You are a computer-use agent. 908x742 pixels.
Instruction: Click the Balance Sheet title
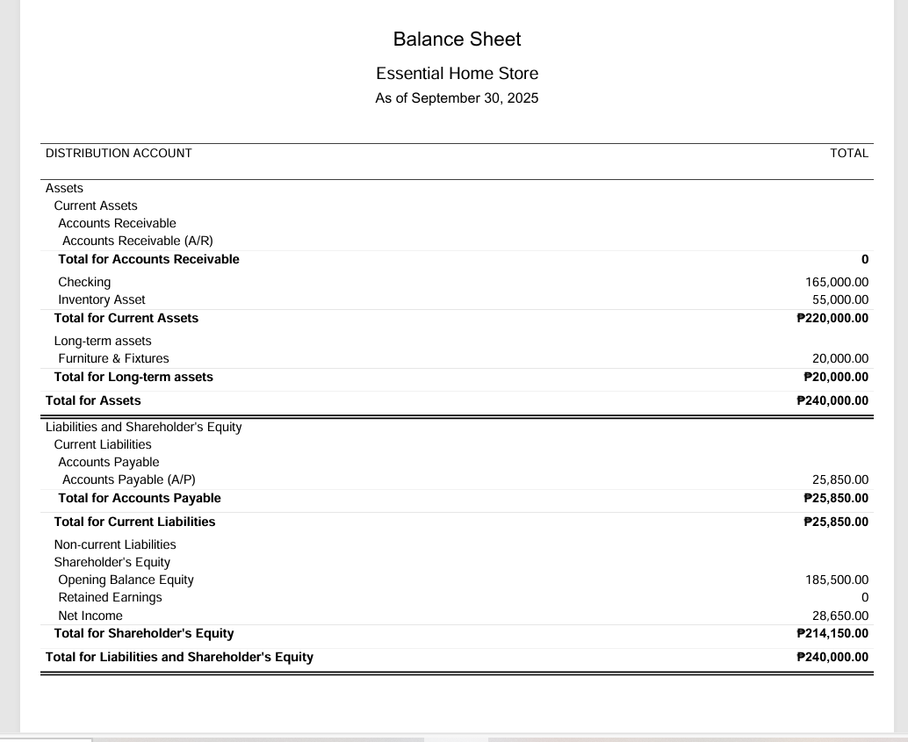coord(457,40)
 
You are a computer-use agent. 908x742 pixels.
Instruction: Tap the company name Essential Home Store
coord(457,74)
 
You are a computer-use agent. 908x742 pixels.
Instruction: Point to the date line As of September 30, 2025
coord(457,98)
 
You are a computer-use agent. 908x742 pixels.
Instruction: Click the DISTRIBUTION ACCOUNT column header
coord(119,154)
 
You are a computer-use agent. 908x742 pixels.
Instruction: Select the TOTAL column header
coord(848,154)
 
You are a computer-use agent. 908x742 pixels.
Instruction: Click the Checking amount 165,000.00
coord(837,283)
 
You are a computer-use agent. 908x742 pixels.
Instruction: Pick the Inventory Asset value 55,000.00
coord(840,300)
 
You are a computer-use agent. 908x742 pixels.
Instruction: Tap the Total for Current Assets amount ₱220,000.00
coord(832,319)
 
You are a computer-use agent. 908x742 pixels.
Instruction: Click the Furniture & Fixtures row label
coord(113,359)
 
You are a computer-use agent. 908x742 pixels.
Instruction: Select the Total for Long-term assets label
coord(133,378)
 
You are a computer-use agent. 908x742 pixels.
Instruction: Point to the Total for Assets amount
coord(832,401)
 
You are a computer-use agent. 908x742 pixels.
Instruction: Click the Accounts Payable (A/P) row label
coord(129,480)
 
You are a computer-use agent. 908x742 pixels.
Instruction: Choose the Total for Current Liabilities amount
coord(836,522)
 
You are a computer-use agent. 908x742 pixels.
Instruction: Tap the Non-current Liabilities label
coord(115,545)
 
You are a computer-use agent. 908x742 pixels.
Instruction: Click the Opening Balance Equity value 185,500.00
coord(837,580)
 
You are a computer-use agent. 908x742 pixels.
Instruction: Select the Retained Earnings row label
coord(110,598)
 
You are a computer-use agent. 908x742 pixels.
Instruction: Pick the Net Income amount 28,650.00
coord(840,616)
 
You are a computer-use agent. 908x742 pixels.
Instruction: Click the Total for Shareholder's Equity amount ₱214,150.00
coord(832,634)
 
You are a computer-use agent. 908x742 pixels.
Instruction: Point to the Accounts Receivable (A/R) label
coord(138,241)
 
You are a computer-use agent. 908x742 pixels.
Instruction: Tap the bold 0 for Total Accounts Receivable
coord(864,260)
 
